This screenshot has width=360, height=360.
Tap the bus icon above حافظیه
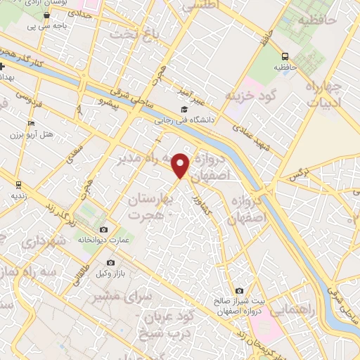pos(285,57)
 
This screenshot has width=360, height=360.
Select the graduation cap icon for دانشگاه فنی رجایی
pos(184,109)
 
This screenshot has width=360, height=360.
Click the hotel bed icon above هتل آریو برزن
pos(30,124)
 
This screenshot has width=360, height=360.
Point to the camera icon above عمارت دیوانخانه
pos(104,230)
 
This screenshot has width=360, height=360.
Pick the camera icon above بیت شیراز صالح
pos(240,291)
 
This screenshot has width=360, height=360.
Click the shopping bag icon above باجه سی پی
pos(46,13)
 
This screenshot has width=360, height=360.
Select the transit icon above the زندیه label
pos(17,186)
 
